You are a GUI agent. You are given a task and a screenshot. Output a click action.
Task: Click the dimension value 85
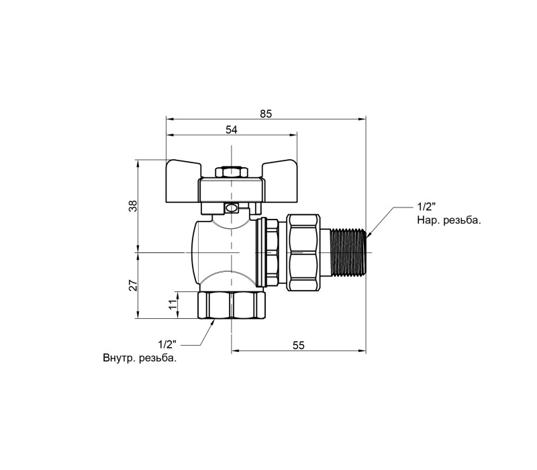pyautogui.click(x=266, y=113)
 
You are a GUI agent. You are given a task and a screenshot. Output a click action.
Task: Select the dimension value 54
pyautogui.click(x=231, y=130)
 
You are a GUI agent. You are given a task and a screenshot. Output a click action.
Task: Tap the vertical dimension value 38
pyautogui.click(x=133, y=205)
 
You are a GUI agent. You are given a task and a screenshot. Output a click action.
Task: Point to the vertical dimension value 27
pyautogui.click(x=133, y=285)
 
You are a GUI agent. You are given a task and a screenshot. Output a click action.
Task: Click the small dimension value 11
pyautogui.click(x=174, y=304)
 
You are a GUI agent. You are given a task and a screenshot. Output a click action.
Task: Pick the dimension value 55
pyautogui.click(x=298, y=345)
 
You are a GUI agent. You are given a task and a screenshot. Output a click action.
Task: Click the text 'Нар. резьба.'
pyautogui.click(x=449, y=220)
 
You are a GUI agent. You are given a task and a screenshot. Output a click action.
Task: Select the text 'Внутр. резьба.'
pyautogui.click(x=140, y=359)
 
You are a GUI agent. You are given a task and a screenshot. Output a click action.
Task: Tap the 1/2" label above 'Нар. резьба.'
pyautogui.click(x=426, y=207)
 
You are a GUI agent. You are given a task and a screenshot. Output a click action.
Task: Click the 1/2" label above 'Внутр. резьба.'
pyautogui.click(x=166, y=344)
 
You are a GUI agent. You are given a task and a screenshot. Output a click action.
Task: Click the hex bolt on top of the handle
pyautogui.click(x=232, y=172)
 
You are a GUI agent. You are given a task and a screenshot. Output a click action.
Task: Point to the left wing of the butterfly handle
pyautogui.click(x=183, y=169)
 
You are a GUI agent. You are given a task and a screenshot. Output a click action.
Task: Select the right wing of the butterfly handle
pyautogui.click(x=279, y=169)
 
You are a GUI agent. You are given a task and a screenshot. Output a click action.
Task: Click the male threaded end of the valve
pyautogui.click(x=348, y=253)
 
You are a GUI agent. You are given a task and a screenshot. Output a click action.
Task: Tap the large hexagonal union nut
pyautogui.click(x=303, y=253)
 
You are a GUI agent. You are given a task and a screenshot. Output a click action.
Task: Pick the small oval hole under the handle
pyautogui.click(x=232, y=207)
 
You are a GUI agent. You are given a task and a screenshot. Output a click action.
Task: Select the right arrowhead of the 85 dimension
pyautogui.click(x=362, y=120)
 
